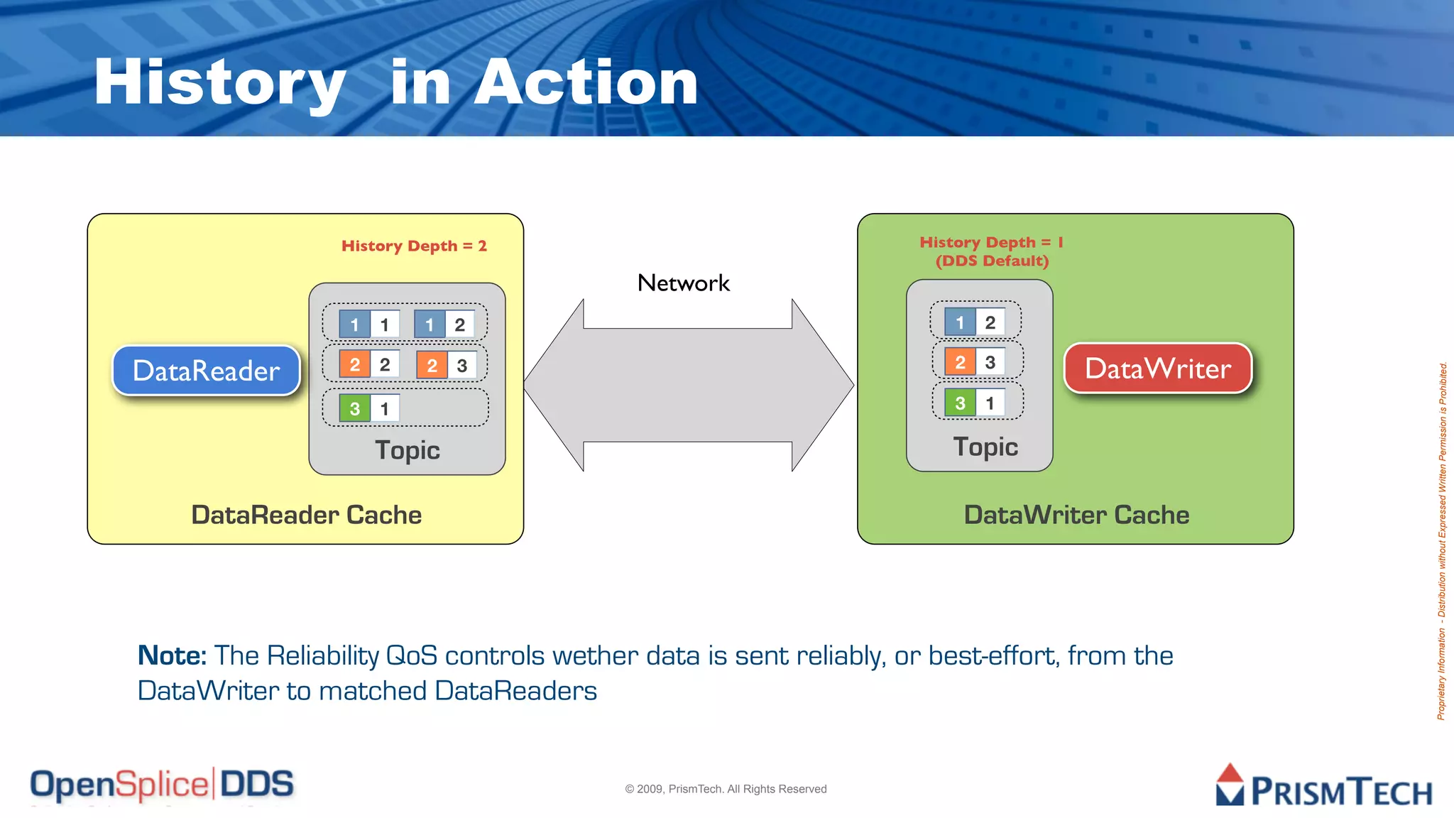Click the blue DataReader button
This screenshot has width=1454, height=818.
click(206, 370)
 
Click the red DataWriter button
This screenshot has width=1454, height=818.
click(1157, 368)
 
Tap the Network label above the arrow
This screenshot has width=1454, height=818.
click(683, 283)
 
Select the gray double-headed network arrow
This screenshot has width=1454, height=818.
click(688, 385)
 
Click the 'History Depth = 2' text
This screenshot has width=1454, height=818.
click(414, 246)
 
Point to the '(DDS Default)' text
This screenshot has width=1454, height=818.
click(992, 261)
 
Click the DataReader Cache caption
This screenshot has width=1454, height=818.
click(306, 515)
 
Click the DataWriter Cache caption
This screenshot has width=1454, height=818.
click(1076, 515)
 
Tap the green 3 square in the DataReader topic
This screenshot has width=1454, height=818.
click(354, 408)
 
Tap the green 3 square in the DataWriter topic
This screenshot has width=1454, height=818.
click(960, 403)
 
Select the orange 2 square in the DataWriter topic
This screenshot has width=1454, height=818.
click(960, 362)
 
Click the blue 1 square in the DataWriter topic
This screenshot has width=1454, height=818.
click(960, 322)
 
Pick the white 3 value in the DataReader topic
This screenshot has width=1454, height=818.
click(461, 365)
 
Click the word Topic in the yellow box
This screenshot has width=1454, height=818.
click(408, 450)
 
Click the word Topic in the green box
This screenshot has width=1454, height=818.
click(985, 447)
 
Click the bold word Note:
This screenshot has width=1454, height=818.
click(172, 655)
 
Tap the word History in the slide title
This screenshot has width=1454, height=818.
click(219, 83)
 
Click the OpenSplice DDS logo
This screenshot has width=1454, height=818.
click(162, 785)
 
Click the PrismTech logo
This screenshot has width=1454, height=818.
click(1324, 787)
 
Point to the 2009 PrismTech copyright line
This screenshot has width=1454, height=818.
click(726, 789)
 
